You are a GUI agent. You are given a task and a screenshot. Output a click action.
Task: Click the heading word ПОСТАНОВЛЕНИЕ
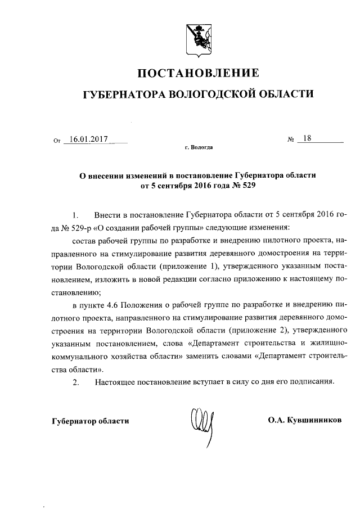point(199,73)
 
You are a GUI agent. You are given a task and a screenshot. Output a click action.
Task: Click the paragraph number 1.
point(75,215)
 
